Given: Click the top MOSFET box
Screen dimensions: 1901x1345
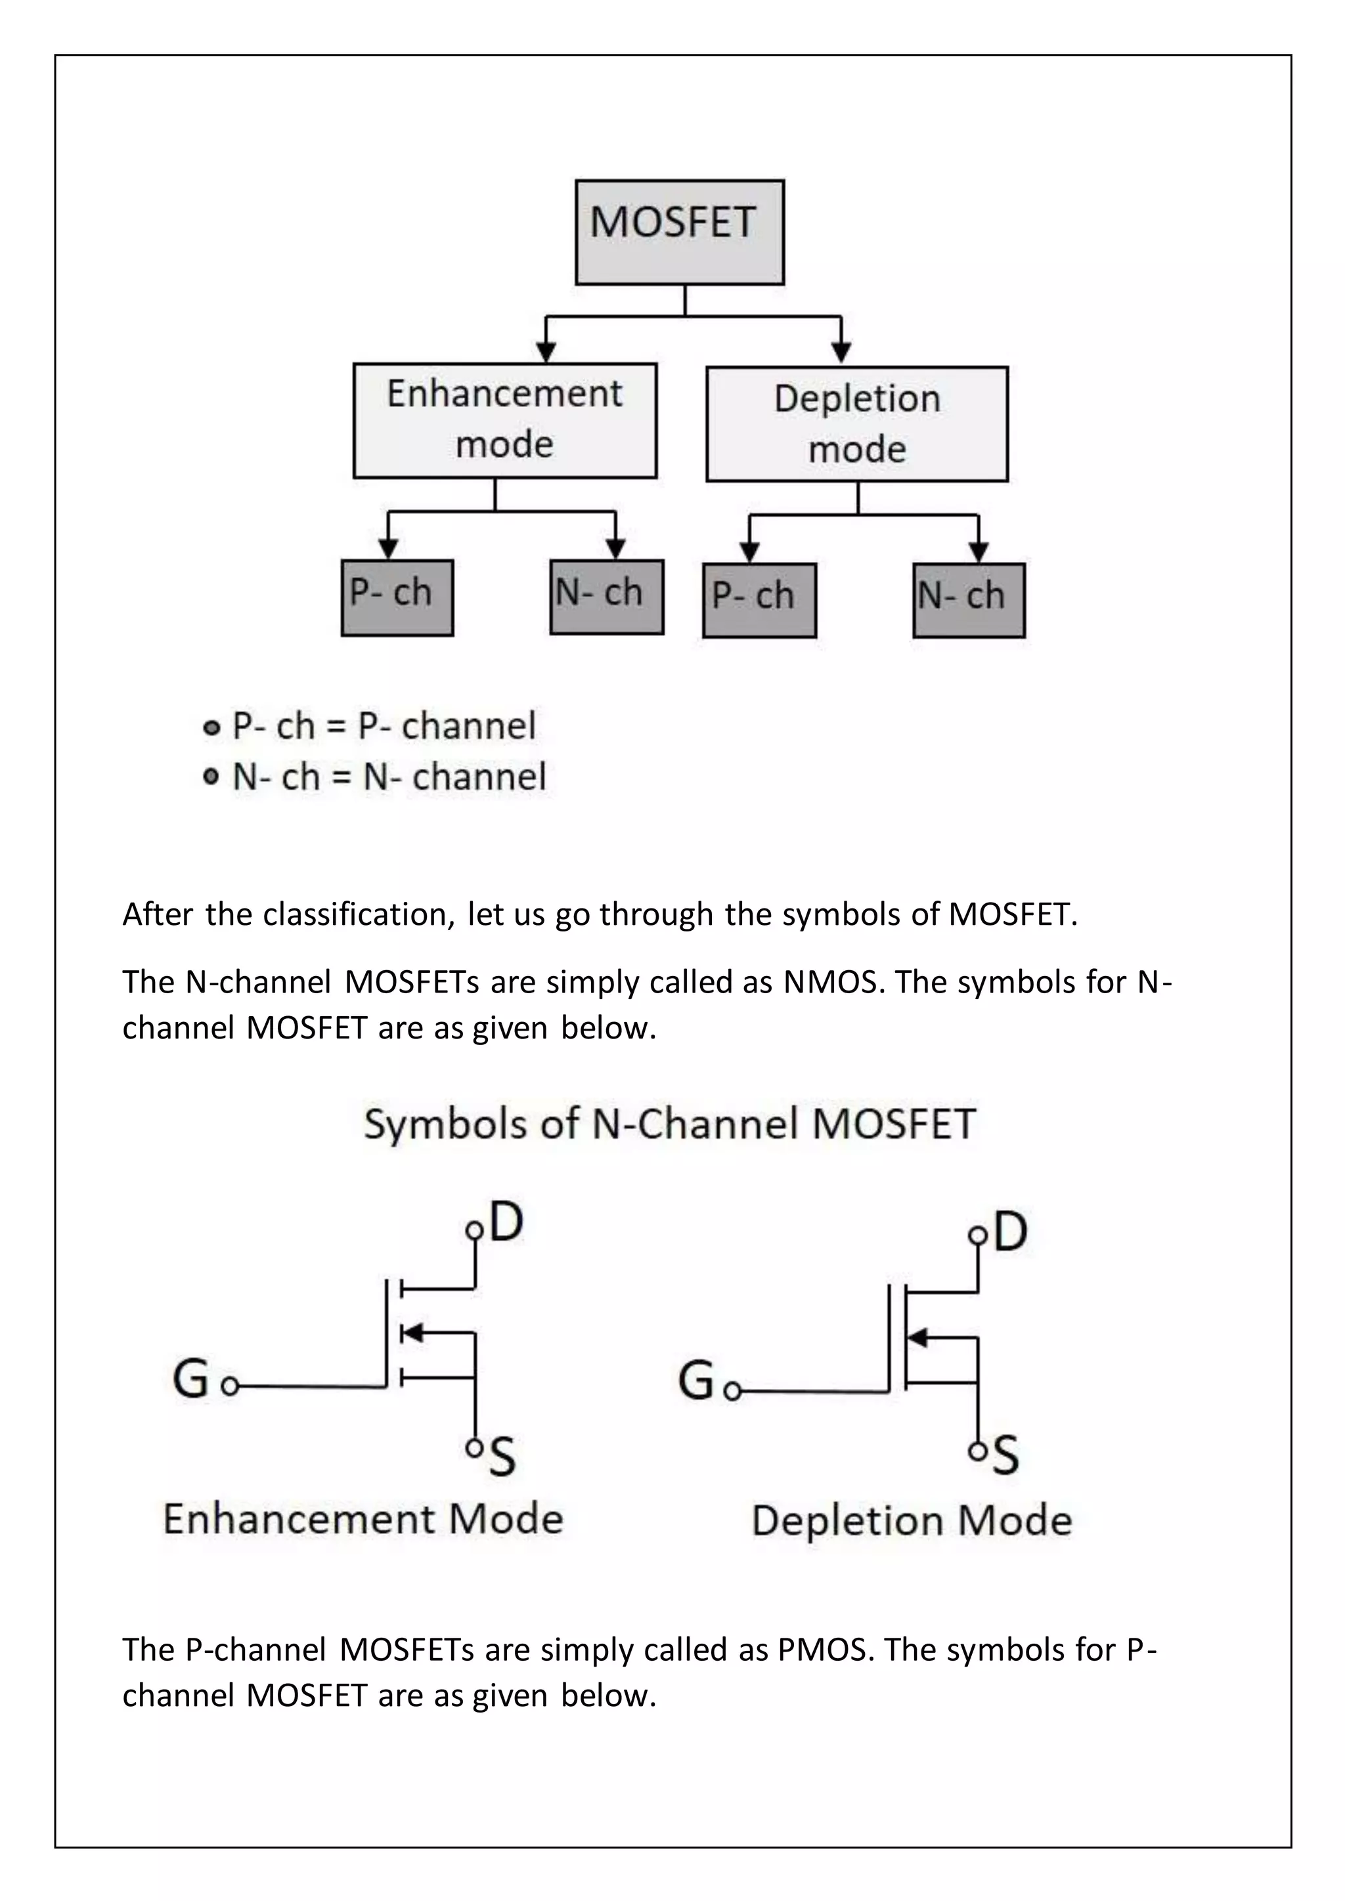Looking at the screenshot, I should (679, 232).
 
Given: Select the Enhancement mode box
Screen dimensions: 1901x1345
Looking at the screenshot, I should (504, 419).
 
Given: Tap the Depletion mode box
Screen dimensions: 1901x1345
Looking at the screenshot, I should (856, 424).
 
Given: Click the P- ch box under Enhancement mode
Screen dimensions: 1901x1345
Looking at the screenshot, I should (397, 597).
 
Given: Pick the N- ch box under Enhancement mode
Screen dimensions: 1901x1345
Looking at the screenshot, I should (606, 597).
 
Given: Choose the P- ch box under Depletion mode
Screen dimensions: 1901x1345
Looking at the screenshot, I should (759, 600).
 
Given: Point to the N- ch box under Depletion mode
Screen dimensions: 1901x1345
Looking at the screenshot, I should (968, 600).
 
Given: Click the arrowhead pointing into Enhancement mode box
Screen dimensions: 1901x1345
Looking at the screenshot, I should (545, 352).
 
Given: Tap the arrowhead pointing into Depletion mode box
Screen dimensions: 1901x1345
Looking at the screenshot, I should (841, 352).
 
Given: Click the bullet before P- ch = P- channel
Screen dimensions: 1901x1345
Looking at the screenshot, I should (212, 728).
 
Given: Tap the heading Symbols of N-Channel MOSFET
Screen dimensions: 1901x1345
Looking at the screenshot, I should (670, 1124).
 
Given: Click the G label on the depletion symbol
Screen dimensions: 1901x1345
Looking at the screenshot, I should (695, 1380).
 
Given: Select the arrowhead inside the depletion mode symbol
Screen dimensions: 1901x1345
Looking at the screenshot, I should (917, 1336).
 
